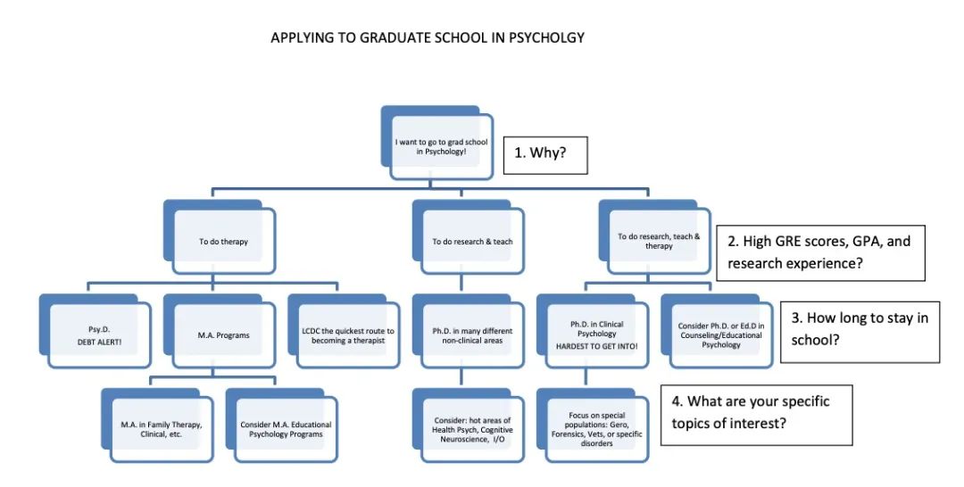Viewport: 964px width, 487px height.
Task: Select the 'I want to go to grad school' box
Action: tap(442, 147)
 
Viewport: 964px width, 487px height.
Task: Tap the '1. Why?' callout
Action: tap(545, 155)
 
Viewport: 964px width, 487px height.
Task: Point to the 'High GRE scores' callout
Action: tap(821, 253)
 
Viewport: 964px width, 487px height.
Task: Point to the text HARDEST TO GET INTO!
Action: tap(596, 346)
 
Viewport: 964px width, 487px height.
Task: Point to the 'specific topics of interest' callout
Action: tap(757, 415)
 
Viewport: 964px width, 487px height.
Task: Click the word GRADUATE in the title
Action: tap(395, 37)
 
